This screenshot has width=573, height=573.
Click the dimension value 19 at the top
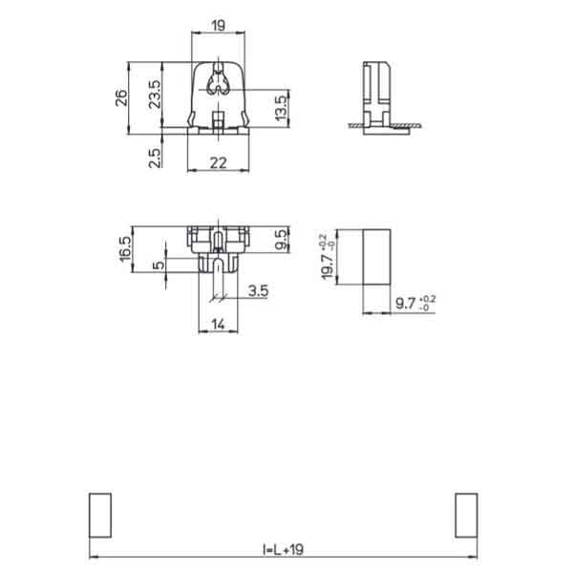click(218, 26)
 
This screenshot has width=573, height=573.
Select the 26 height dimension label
click(121, 98)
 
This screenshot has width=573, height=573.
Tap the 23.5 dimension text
click(155, 94)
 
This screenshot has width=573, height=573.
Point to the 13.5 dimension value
click(281, 108)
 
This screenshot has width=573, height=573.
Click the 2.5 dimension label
click(155, 158)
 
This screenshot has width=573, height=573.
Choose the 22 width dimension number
click(218, 163)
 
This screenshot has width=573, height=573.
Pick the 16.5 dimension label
click(125, 249)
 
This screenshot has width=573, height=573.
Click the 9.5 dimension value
click(282, 240)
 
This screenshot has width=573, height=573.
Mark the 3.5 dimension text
click(259, 291)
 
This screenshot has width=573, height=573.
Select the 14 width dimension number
click(218, 324)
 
